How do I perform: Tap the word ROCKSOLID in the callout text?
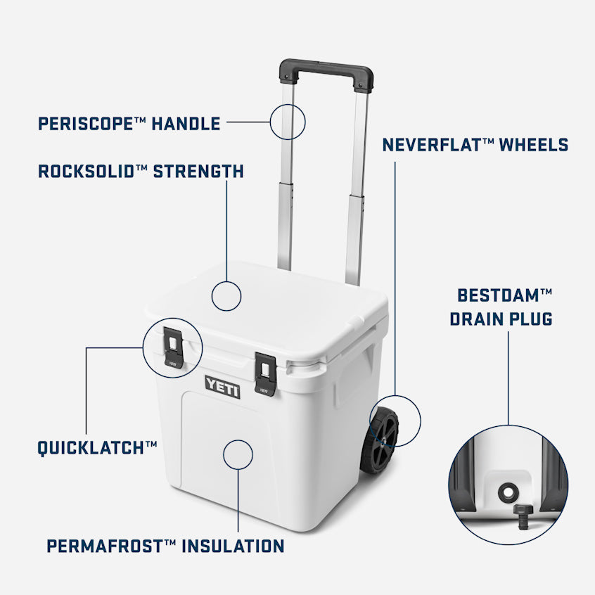pyautogui.click(x=86, y=172)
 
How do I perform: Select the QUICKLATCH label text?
pyautogui.click(x=91, y=448)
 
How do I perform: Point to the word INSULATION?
pyautogui.click(x=233, y=546)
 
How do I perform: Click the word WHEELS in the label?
pyautogui.click(x=534, y=145)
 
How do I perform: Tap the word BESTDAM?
pyautogui.click(x=499, y=295)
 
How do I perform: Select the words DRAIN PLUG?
pyautogui.click(x=501, y=319)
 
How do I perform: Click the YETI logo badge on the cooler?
pyautogui.click(x=222, y=387)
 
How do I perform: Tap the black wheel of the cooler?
pyautogui.click(x=379, y=440)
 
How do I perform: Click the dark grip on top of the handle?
pyautogui.click(x=326, y=74)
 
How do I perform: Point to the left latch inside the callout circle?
pyautogui.click(x=173, y=347)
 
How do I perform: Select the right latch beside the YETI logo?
pyautogui.click(x=265, y=374)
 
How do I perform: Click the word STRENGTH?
pyautogui.click(x=198, y=172)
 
